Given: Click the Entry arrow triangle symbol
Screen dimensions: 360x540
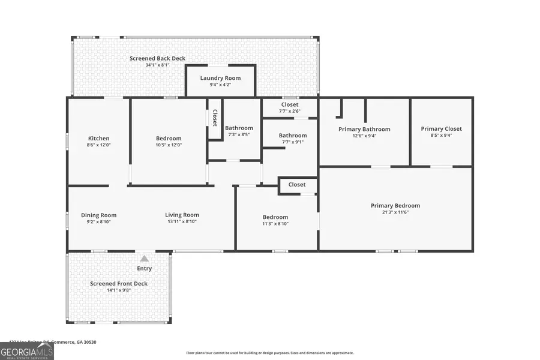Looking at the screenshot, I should coord(144,258).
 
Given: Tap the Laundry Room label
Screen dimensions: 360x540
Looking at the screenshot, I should coord(220,78).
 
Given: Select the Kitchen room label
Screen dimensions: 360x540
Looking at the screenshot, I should coord(98,139).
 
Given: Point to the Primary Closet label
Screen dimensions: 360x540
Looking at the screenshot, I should coord(441,129).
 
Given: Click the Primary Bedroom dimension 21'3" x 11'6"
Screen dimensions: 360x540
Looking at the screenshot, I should coord(395,212).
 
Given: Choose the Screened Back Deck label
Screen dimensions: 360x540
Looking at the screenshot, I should coord(157,58).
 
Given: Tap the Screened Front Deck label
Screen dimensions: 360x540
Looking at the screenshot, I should coord(119,284).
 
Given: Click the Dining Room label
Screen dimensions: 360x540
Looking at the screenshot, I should coord(99,215).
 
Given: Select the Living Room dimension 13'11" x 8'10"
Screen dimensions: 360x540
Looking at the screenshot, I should coord(182,221).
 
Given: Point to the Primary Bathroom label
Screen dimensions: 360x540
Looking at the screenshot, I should coord(364,129).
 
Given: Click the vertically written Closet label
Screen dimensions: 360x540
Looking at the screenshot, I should coord(214,118).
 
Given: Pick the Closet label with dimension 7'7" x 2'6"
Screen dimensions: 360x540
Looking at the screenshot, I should coord(289,104).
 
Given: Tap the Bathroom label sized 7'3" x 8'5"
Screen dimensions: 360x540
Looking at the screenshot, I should coord(239,128).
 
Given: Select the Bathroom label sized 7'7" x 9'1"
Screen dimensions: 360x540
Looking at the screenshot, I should coord(292,136).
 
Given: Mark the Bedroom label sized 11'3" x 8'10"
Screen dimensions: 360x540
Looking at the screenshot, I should coord(275,217).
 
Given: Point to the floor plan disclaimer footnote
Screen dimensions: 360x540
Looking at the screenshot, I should coord(269,353).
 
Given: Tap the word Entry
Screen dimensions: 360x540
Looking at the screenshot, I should coord(145,268).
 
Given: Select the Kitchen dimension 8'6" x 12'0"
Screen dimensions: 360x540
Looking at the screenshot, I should coord(98,145).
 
